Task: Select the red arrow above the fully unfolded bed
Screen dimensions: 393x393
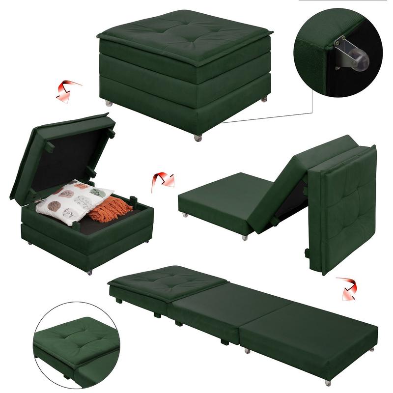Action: coord(346,288)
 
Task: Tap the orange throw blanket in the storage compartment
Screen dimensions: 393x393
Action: coord(110,209)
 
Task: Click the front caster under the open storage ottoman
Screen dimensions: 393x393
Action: coord(89,272)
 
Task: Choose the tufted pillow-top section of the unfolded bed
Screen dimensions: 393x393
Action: coord(167,282)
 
